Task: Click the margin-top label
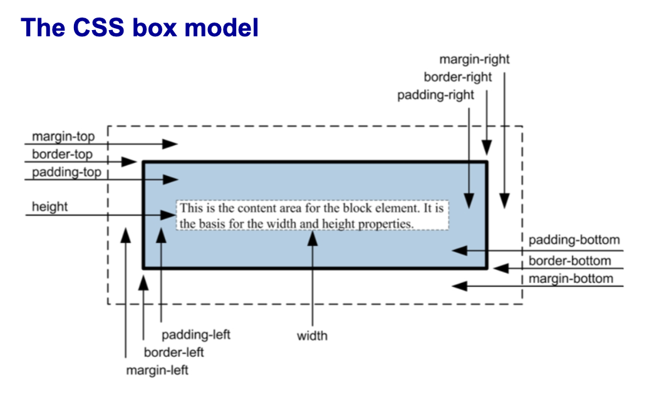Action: [x=63, y=137]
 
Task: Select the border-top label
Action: [x=62, y=154]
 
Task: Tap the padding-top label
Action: [x=66, y=172]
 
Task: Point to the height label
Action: [x=49, y=207]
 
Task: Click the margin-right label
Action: [x=474, y=59]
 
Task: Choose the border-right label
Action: [x=458, y=78]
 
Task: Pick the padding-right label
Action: [x=436, y=95]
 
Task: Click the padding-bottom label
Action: [x=574, y=240]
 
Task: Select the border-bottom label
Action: [x=569, y=260]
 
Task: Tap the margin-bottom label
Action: [x=571, y=279]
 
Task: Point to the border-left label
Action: [x=174, y=353]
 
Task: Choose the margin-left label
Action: [x=157, y=370]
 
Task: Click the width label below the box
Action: [x=312, y=336]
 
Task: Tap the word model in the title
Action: [x=225, y=28]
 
